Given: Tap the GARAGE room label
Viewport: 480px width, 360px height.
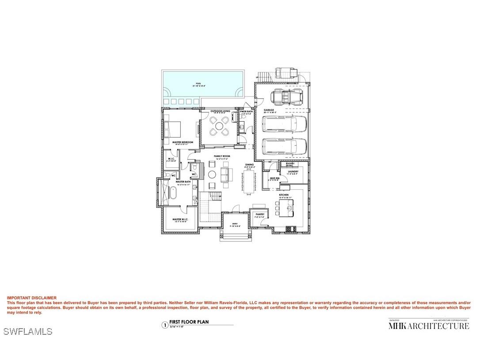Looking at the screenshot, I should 269,110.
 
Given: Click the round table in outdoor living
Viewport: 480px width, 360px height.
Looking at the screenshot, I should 219,126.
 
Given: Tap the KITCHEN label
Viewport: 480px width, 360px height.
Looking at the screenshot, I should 284,195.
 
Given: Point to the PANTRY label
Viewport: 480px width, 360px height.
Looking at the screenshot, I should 259,214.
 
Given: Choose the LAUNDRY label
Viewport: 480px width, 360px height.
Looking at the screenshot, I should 293,171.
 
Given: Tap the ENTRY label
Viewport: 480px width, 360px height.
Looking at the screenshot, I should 235,224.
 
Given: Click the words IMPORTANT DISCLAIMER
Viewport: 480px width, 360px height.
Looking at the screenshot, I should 31,298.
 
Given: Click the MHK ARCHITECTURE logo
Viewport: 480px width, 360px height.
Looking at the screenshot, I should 428,326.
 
